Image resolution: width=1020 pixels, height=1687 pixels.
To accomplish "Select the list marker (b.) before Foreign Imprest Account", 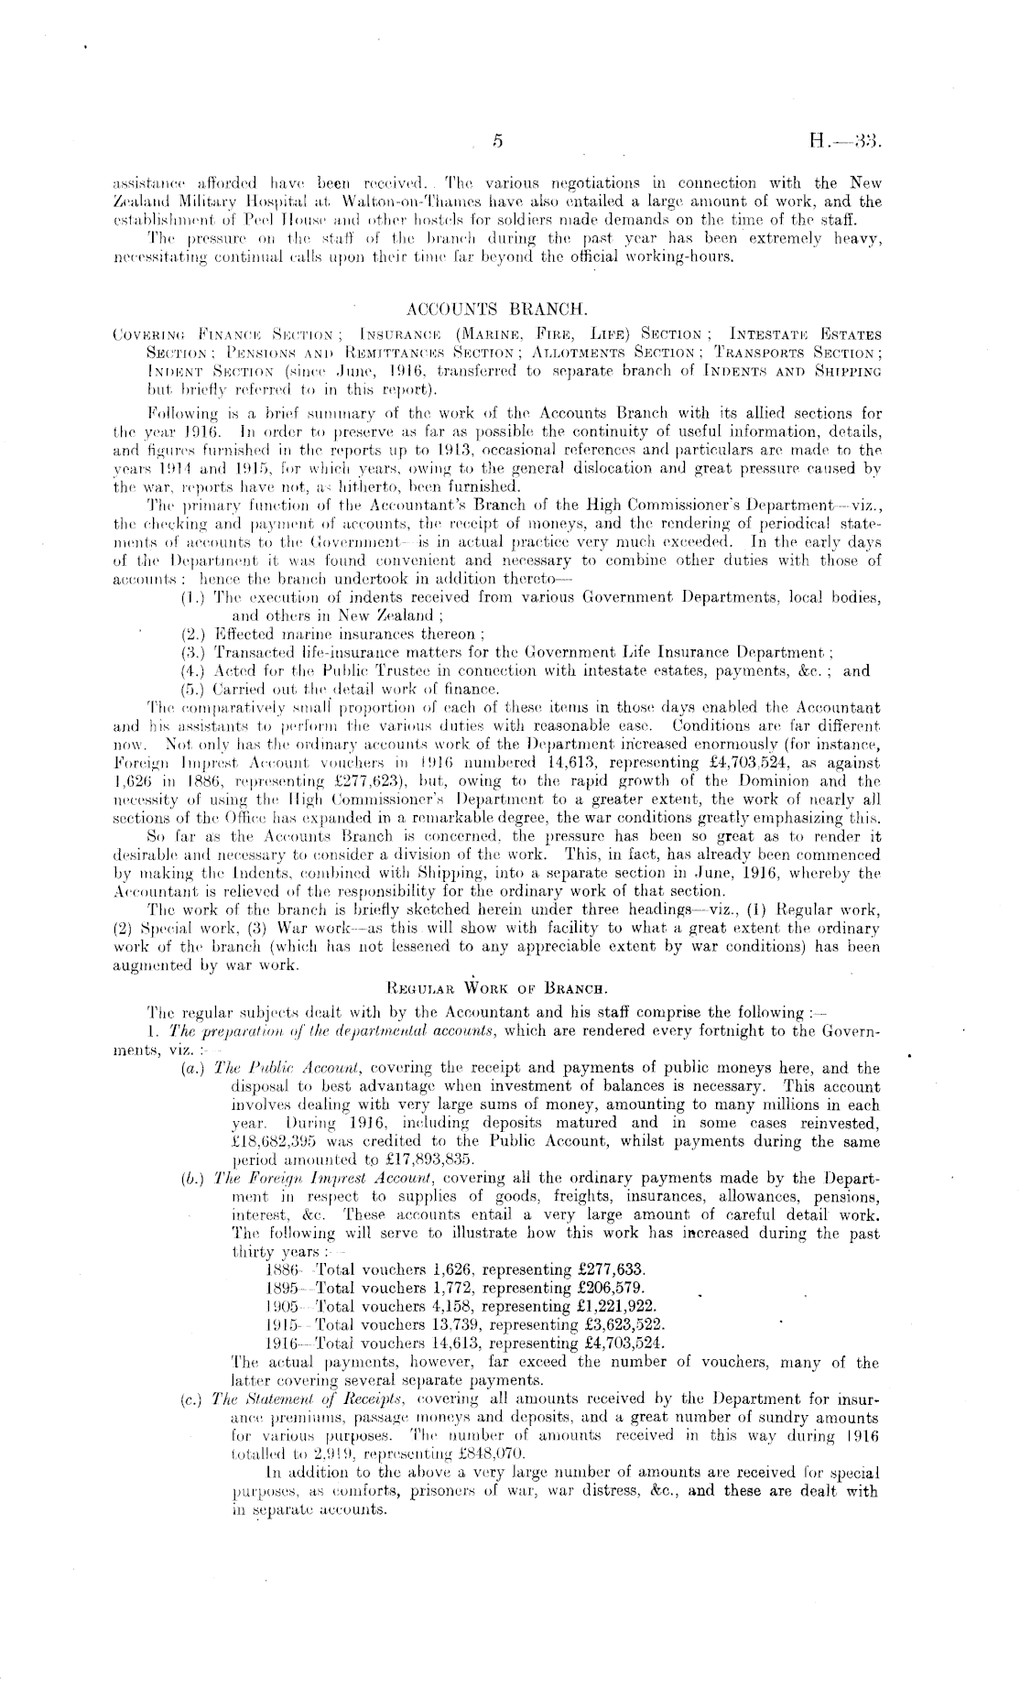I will (x=193, y=1178).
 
